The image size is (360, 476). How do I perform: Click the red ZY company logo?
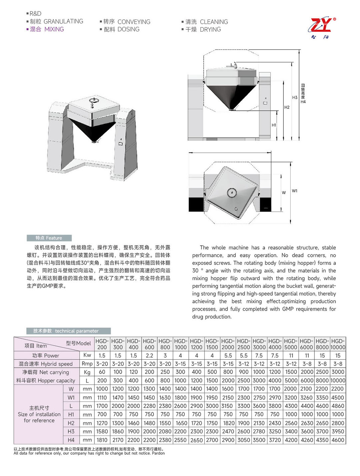(321, 26)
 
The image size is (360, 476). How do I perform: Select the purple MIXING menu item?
(54, 29)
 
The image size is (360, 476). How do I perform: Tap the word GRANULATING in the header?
(63, 21)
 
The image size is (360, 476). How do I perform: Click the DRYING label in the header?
(210, 30)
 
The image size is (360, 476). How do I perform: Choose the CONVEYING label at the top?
(134, 22)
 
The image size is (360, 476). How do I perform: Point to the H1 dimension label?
(274, 125)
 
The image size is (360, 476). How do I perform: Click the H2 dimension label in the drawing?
(287, 107)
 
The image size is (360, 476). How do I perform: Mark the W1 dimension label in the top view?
(295, 191)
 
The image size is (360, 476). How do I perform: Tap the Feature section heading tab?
(49, 238)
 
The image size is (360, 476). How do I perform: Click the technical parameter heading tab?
(68, 331)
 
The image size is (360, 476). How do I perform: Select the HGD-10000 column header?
(338, 344)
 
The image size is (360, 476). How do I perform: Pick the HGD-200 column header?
(102, 344)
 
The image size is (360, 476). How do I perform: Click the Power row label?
(46, 356)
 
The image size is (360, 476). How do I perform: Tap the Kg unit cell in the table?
(87, 372)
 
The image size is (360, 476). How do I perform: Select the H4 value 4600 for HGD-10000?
(338, 440)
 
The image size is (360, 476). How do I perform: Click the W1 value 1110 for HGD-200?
(102, 398)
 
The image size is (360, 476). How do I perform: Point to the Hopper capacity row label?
(46, 381)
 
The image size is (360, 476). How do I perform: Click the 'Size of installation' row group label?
(39, 414)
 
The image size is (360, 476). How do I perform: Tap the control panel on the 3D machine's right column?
(121, 143)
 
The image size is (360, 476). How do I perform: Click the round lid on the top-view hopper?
(231, 192)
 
